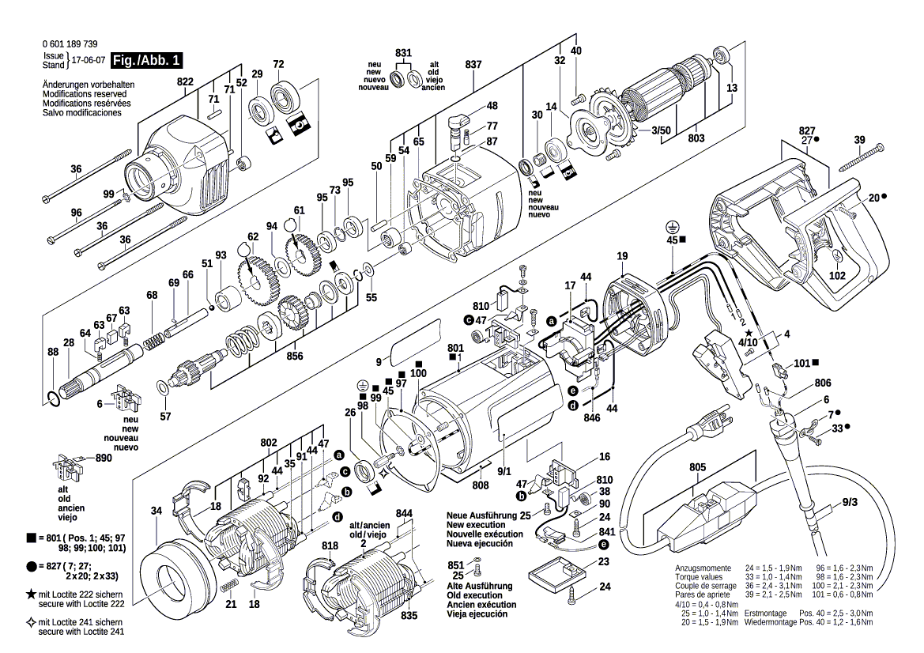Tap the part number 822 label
pyautogui.click(x=185, y=82)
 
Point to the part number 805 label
pyautogui.click(x=696, y=467)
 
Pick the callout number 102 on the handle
pyautogui.click(x=837, y=276)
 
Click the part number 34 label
pyautogui.click(x=157, y=511)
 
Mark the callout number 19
pyautogui.click(x=622, y=256)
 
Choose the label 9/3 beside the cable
pyautogui.click(x=850, y=501)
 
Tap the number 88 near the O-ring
pyautogui.click(x=53, y=352)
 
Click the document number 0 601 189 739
pyautogui.click(x=70, y=44)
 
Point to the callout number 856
pyautogui.click(x=295, y=356)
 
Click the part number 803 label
pyautogui.click(x=696, y=139)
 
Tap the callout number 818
pyautogui.click(x=330, y=546)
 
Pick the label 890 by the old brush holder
pyautogui.click(x=104, y=458)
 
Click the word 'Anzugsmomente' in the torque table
pyautogui.click(x=700, y=569)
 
